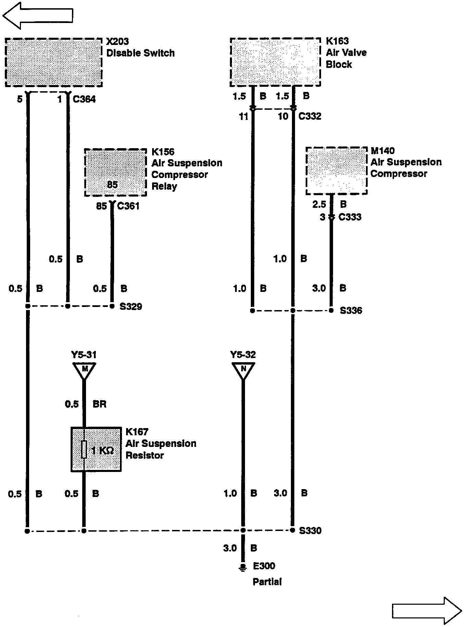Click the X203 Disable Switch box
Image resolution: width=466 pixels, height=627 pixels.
pyautogui.click(x=54, y=62)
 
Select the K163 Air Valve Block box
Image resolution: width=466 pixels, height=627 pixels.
pyautogui.click(x=275, y=62)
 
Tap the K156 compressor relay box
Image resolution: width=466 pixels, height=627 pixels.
pyautogui.click(x=115, y=173)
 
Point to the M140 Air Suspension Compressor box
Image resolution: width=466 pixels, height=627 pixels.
pyautogui.click(x=336, y=171)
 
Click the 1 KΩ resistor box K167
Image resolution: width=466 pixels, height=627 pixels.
pyautogui.click(x=96, y=449)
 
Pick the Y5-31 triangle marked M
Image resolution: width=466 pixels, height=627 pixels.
pyautogui.click(x=84, y=370)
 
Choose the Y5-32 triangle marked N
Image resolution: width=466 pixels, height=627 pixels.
pyautogui.click(x=243, y=370)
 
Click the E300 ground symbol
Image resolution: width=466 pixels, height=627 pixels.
pyautogui.click(x=243, y=568)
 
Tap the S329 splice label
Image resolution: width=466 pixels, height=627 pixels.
pyautogui.click(x=131, y=306)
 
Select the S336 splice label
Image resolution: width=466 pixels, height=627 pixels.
pyautogui.click(x=351, y=311)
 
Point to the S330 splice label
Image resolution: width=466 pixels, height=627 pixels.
pyautogui.click(x=310, y=531)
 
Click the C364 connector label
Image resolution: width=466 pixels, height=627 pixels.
pyautogui.click(x=84, y=99)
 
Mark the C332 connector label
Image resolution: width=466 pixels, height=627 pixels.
pyautogui.click(x=310, y=116)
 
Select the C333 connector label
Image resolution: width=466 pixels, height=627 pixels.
pyautogui.click(x=350, y=217)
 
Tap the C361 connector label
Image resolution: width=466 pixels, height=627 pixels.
pyautogui.click(x=128, y=206)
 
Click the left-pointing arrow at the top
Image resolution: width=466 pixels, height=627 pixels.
pyautogui.click(x=38, y=15)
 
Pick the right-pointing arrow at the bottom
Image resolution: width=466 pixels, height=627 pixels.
pyautogui.click(x=427, y=611)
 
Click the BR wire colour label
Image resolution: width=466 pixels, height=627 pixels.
pyautogui.click(x=99, y=404)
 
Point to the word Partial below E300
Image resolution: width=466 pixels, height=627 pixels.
pyautogui.click(x=267, y=582)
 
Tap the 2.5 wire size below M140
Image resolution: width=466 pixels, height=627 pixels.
pyautogui.click(x=319, y=204)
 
